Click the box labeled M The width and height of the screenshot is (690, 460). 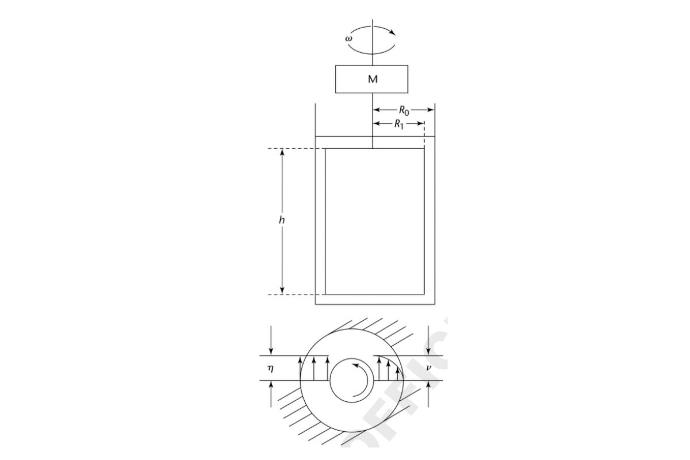pyautogui.click(x=372, y=79)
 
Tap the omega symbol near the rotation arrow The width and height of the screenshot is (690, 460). pyautogui.click(x=348, y=39)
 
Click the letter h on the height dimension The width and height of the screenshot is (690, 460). pyautogui.click(x=277, y=221)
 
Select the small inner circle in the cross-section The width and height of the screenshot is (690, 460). pyautogui.click(x=351, y=381)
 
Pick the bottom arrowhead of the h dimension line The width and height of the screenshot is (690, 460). pyautogui.click(x=282, y=290)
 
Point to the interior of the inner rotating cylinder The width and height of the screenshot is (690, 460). pyautogui.click(x=375, y=221)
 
